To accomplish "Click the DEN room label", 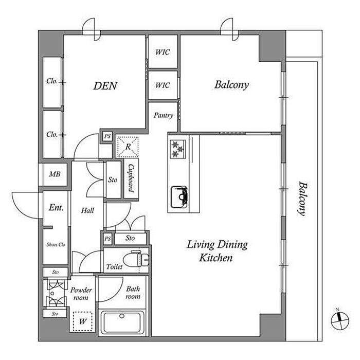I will pos(105,85).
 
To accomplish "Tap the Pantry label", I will pos(164,116).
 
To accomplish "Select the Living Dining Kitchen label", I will pos(217,250).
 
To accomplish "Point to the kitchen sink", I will pos(179,196).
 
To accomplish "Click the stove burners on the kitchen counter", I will pos(178,149).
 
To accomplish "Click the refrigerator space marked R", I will pos(127,148).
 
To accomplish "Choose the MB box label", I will pos(55,174).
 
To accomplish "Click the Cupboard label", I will pos(131,177).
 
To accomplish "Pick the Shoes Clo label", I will pos(55,244).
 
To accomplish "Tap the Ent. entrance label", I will pos(56,208).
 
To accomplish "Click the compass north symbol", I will pos(337,318).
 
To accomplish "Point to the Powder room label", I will pos(81,294).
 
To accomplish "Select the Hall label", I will pos(87,210).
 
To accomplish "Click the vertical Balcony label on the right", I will pos(302,198).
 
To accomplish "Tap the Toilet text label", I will pos(114,267).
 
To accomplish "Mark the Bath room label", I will pos(133,293).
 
